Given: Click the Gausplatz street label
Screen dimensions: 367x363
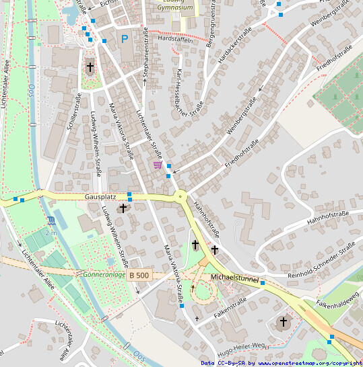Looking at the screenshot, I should (x=102, y=197).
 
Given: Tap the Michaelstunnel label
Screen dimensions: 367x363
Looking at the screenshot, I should (x=234, y=277).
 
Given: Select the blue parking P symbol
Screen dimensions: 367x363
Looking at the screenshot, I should (x=124, y=40).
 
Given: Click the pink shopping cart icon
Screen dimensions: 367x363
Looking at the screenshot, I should (x=158, y=164).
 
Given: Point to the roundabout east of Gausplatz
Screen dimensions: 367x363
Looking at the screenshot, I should (x=180, y=197).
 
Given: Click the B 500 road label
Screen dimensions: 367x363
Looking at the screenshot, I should (x=139, y=276).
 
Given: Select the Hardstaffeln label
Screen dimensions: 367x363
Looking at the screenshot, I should (x=174, y=39).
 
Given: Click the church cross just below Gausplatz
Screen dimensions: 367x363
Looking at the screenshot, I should (x=122, y=209).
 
